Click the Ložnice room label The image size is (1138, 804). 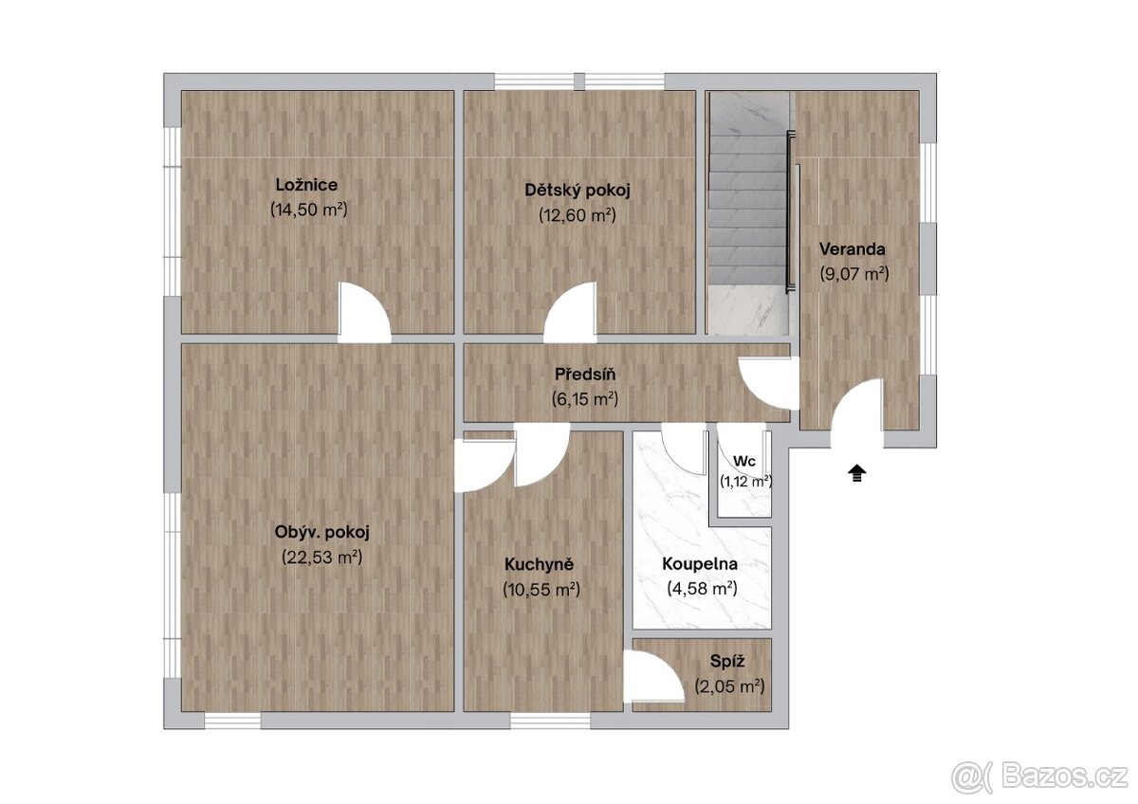tap(306, 184)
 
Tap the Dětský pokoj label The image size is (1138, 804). tap(578, 191)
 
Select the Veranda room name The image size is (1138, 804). tap(852, 249)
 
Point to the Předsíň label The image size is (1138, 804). tap(585, 375)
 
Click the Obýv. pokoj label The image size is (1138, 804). tap(321, 532)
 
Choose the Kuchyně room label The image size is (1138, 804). tap(539, 564)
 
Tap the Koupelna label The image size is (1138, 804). tap(700, 564)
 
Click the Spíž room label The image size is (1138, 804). tap(727, 661)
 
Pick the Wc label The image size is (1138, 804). tap(744, 461)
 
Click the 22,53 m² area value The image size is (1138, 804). tap(321, 557)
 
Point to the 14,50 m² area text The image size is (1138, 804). tap(308, 210)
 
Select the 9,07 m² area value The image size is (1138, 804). tap(854, 274)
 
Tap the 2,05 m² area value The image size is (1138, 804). tap(729, 686)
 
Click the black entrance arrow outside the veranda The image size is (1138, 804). tap(856, 473)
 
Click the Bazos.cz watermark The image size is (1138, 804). tap(1043, 777)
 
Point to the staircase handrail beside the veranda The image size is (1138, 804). tap(788, 211)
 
